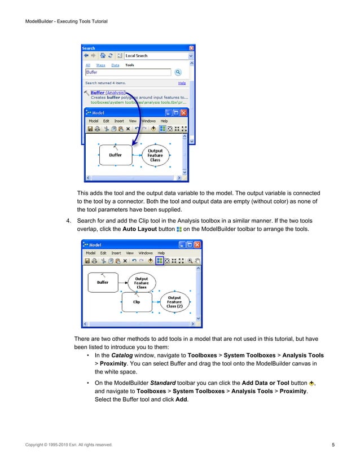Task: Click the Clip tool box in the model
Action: (x=137, y=302)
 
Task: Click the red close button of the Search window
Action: (x=191, y=49)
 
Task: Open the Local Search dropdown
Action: (x=191, y=56)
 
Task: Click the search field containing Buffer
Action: (x=128, y=72)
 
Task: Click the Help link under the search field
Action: (x=182, y=83)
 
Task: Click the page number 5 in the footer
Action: (x=333, y=446)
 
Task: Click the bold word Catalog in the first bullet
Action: (x=122, y=356)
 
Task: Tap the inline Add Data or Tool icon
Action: (x=311, y=385)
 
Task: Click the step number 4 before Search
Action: (x=68, y=220)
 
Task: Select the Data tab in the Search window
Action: (x=115, y=65)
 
